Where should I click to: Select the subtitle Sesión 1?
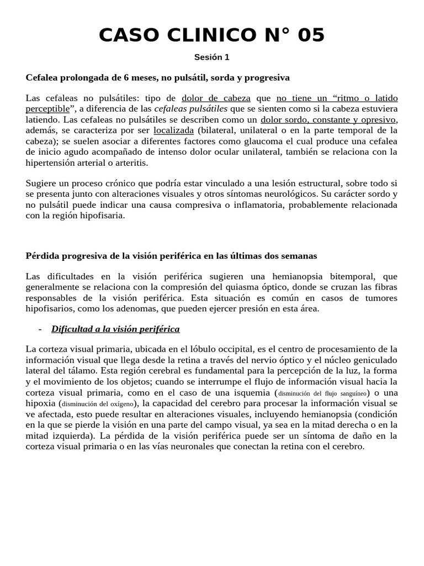tap(211, 57)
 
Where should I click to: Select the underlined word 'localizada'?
tap(173, 130)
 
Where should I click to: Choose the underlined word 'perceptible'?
tap(48, 108)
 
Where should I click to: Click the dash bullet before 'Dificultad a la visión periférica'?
tap(40, 329)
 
